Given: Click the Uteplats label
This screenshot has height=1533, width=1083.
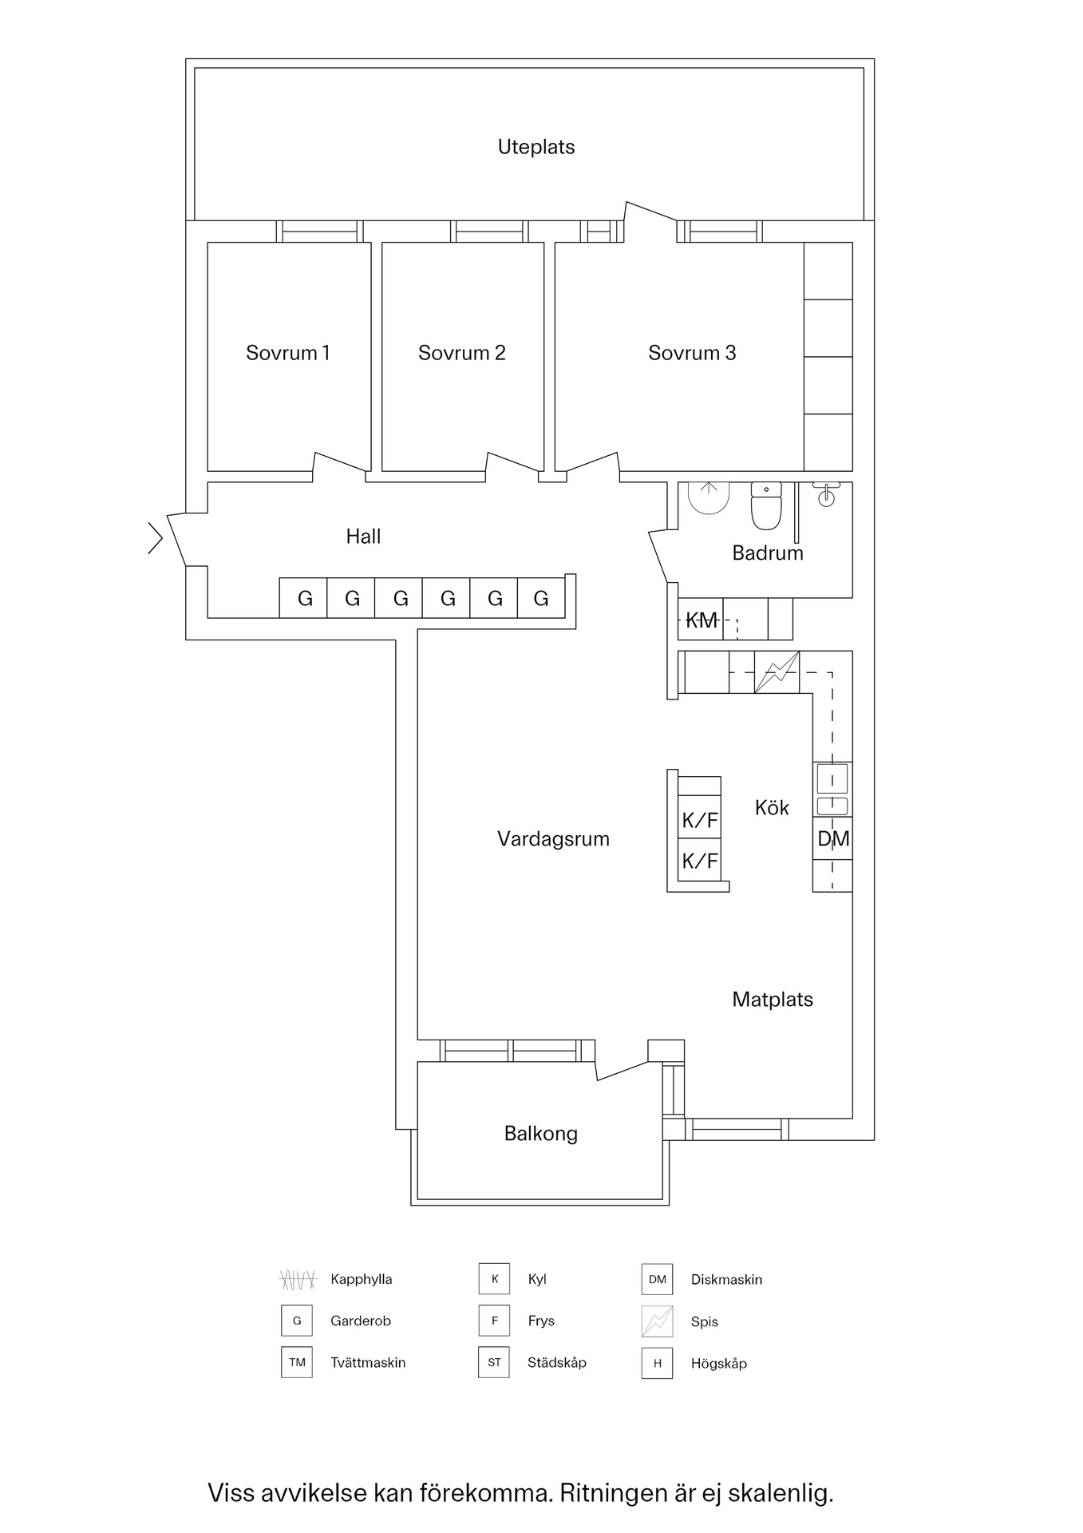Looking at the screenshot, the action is (x=536, y=147).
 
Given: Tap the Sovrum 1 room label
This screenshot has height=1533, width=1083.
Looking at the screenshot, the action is (x=287, y=353).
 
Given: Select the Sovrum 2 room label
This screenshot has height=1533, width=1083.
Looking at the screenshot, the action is (x=461, y=353).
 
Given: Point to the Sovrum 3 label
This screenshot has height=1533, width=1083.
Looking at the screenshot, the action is (x=691, y=353).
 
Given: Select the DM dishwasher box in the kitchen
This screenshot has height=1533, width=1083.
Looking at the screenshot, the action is (x=832, y=838).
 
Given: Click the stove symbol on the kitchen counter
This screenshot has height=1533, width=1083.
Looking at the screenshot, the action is (x=777, y=672).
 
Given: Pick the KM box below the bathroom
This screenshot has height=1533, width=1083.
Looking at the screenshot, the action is (x=701, y=620).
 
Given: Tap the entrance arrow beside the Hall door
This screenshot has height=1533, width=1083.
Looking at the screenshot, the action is (x=155, y=537).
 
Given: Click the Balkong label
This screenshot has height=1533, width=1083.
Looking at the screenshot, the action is (x=540, y=1134).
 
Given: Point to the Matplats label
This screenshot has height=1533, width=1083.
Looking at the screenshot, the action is (x=772, y=1000).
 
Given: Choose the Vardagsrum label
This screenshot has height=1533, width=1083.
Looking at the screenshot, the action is (x=553, y=839).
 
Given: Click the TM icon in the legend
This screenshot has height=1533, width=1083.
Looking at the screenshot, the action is (x=297, y=1362).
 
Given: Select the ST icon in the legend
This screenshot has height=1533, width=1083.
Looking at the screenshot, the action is (x=494, y=1362).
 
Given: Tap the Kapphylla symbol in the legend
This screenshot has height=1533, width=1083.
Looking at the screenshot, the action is (x=297, y=1280).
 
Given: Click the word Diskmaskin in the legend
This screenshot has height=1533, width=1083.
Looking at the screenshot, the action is (x=726, y=1280).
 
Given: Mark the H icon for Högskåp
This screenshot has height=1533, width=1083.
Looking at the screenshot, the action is (x=657, y=1363).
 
